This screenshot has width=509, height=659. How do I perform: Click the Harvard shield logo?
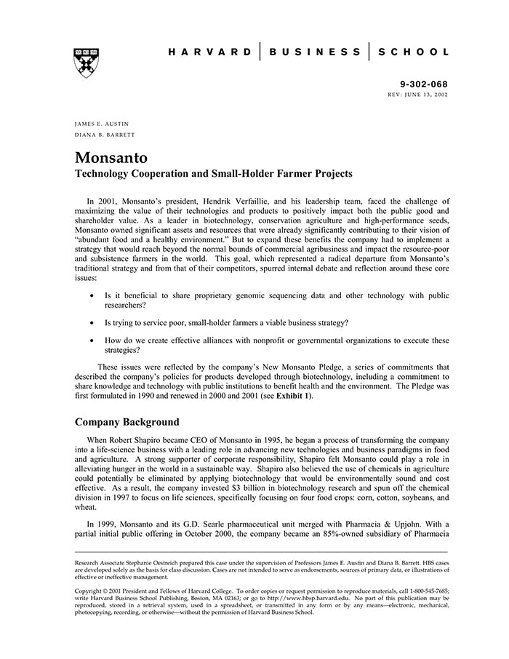(x=86, y=63)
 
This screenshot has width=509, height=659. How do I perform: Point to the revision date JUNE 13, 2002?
(x=423, y=95)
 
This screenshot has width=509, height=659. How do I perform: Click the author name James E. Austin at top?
(x=101, y=124)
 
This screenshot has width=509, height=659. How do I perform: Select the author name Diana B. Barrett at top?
(x=104, y=135)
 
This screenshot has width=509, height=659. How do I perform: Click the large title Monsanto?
(x=111, y=158)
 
